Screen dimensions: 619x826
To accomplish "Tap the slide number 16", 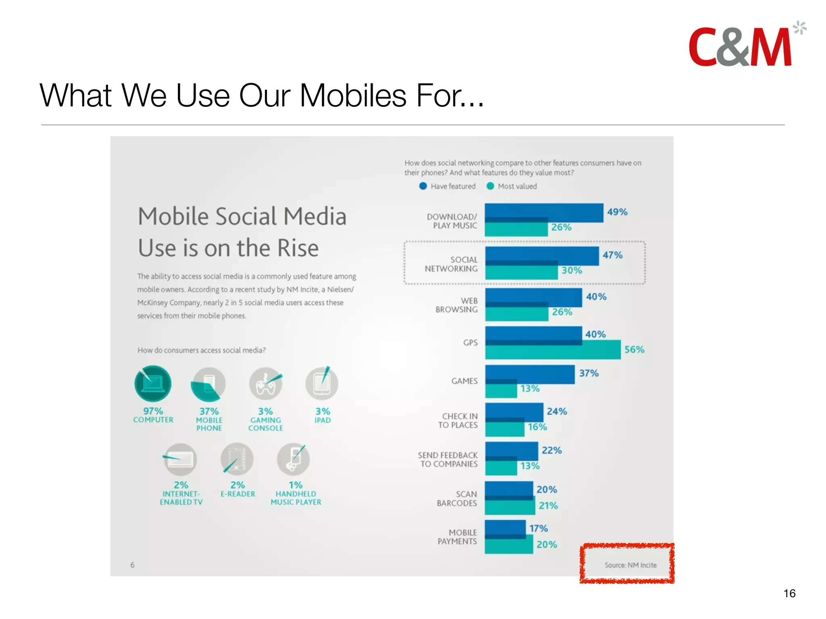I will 789,593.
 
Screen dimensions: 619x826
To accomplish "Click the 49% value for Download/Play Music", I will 617,212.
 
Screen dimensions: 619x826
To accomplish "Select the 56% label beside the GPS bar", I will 634,349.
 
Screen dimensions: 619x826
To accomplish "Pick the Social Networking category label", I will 451,264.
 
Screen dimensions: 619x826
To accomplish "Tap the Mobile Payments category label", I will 457,537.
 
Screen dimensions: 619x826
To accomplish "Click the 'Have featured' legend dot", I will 423,186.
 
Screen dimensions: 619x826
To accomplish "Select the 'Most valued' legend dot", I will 490,186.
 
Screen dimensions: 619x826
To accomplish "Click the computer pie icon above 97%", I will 153,383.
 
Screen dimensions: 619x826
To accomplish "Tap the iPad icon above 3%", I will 322,383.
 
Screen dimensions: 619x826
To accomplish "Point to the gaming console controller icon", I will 265,384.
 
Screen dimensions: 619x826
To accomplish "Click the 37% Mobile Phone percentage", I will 209,411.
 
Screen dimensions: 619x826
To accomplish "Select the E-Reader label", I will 238,494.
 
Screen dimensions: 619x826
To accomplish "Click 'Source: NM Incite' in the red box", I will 630,565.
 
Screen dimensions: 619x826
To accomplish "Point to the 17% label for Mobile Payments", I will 538,528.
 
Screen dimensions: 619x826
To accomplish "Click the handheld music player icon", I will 294,459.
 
